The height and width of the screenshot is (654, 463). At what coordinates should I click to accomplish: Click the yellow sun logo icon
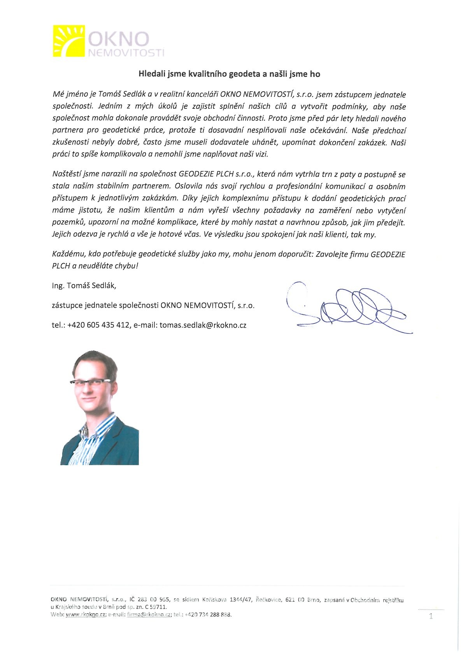click(x=68, y=41)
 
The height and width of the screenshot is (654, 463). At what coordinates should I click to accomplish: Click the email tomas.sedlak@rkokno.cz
click(x=203, y=325)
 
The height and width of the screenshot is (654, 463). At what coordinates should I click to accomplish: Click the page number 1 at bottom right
click(x=431, y=616)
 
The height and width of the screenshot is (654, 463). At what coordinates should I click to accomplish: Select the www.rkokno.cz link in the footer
click(x=86, y=615)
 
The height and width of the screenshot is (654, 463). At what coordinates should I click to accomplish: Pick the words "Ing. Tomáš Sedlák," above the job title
click(x=84, y=286)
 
